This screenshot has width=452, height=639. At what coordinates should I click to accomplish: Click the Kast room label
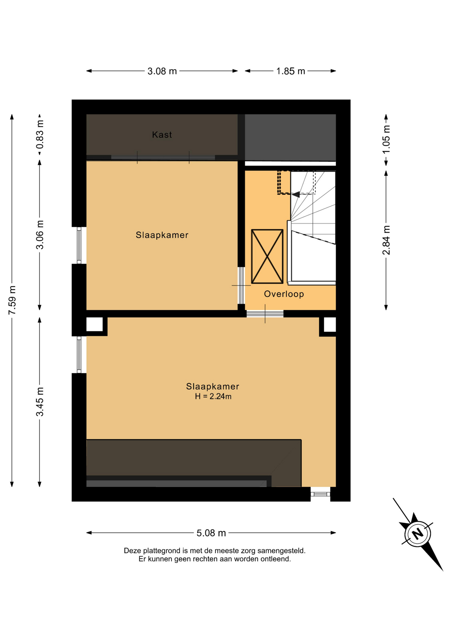coord(162,135)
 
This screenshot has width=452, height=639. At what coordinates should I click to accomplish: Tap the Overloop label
coord(284,294)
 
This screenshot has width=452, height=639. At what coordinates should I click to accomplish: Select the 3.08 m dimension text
coord(162,71)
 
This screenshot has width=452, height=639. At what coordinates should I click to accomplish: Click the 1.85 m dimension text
coord(291,71)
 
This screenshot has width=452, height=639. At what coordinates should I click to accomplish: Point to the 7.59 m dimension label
coord(12,300)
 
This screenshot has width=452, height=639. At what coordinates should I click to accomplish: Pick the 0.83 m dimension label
coord(40,134)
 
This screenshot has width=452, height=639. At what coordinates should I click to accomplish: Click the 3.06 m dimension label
coord(40,235)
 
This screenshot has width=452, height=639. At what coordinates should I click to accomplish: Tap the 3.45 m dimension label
coord(40,402)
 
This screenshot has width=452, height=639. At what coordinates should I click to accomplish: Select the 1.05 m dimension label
coord(386,139)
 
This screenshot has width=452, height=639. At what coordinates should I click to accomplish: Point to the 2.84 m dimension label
coord(386,240)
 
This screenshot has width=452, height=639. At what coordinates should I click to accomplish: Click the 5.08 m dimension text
coord(211,533)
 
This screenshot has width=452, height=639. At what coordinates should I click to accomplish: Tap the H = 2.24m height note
coord(213,396)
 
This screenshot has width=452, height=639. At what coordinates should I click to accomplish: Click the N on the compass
coord(418,533)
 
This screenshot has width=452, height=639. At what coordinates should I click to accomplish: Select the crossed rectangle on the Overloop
coord(267,256)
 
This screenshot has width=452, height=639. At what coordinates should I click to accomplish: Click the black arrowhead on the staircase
coord(296,194)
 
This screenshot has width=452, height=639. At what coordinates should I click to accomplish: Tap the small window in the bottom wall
coord(320,494)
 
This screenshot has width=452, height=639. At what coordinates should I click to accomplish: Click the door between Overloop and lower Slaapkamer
coord(265,314)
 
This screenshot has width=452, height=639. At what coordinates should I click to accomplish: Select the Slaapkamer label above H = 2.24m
coord(213,386)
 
